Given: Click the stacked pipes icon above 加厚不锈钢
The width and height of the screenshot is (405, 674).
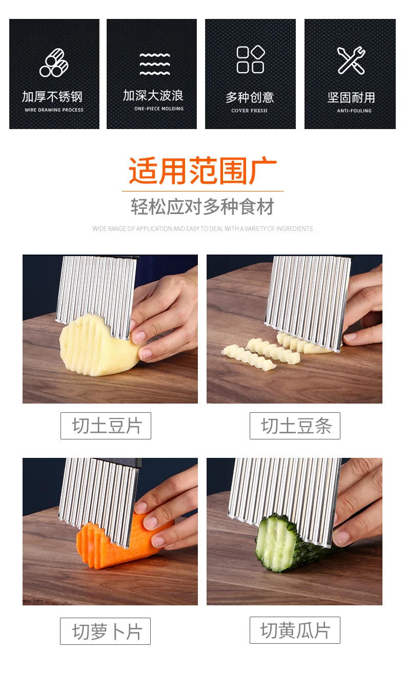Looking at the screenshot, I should click(x=54, y=62).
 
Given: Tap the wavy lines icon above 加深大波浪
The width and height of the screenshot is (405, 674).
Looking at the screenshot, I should click(x=154, y=64).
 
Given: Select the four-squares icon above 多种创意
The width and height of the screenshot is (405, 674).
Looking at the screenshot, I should click(x=250, y=59).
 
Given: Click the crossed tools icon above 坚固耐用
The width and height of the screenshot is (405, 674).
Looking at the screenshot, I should click(x=351, y=60).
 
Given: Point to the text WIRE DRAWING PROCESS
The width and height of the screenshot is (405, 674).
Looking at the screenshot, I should click(x=54, y=110).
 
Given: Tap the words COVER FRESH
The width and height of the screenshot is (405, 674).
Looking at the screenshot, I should click(x=249, y=111).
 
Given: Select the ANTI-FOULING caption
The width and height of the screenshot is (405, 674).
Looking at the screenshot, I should click(x=354, y=111).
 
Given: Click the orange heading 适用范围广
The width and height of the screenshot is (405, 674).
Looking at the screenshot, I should click(x=202, y=171).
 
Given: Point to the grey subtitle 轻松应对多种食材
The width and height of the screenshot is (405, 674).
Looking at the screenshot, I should click(x=202, y=207).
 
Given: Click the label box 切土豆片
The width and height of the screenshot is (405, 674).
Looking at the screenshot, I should click(x=106, y=426).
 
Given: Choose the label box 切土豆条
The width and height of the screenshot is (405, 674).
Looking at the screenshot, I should click(x=295, y=426).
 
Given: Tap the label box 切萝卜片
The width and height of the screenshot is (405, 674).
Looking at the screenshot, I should click(x=106, y=631).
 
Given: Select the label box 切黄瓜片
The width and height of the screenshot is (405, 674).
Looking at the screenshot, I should click(x=295, y=630).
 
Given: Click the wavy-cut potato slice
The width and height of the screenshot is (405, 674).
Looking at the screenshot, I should click(x=95, y=343).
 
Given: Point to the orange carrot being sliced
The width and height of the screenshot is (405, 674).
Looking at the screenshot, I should click(x=113, y=543).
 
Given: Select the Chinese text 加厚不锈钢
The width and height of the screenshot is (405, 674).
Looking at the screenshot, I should click(x=52, y=97).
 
